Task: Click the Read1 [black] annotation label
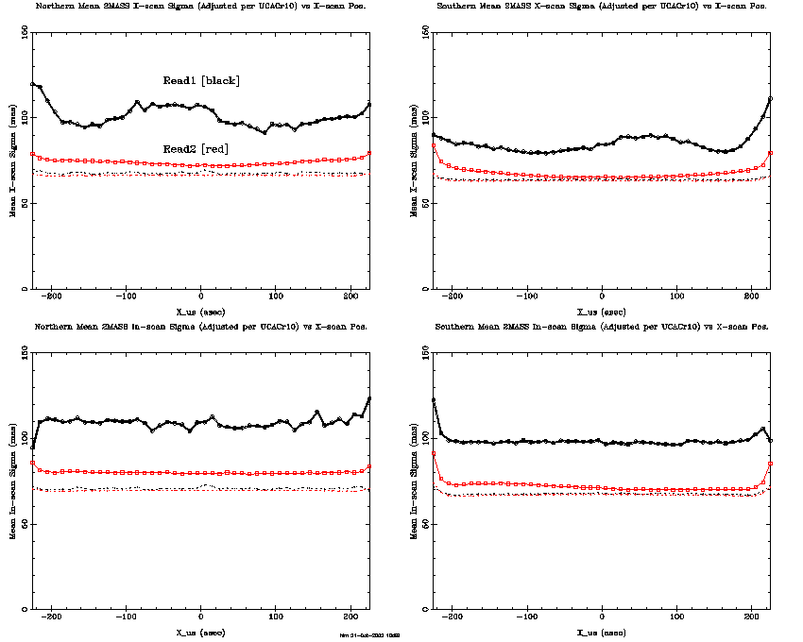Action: [201, 81]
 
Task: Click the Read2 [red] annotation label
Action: [196, 149]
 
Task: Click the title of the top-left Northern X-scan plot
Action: [200, 6]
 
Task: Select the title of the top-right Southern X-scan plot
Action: [602, 6]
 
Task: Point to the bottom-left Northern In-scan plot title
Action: [200, 326]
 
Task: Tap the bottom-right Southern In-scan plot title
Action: [602, 326]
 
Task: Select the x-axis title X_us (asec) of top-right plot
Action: [602, 311]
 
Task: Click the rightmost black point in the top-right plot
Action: [771, 98]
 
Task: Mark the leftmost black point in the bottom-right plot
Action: [434, 399]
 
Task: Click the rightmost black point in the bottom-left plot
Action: [369, 398]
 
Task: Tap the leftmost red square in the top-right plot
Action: [434, 145]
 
